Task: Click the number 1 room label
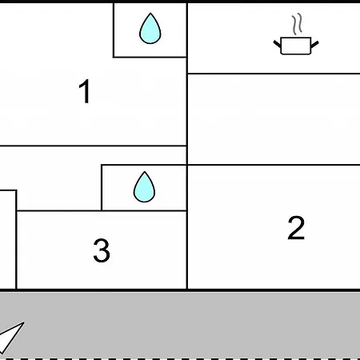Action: point(85,91)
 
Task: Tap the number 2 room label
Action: point(296,227)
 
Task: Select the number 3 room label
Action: point(102,250)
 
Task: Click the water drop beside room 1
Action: point(150,28)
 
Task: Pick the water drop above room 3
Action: point(144,186)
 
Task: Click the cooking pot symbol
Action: point(296,46)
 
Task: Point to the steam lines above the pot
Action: point(298,24)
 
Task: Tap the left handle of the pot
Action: point(278,44)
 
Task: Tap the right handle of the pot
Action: point(314,44)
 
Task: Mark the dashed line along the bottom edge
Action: point(180,359)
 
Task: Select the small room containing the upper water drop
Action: point(150,30)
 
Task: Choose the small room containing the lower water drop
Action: point(144,188)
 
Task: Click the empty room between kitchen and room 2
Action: point(274,119)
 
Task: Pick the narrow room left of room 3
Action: point(8,239)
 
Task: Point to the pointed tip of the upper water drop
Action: point(150,13)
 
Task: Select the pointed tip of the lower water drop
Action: point(145,172)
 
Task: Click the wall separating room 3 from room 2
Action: point(187,250)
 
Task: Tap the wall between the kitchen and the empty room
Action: point(274,74)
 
